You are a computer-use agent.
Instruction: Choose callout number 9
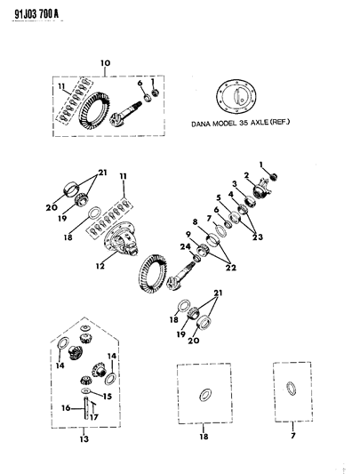point(188,234)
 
